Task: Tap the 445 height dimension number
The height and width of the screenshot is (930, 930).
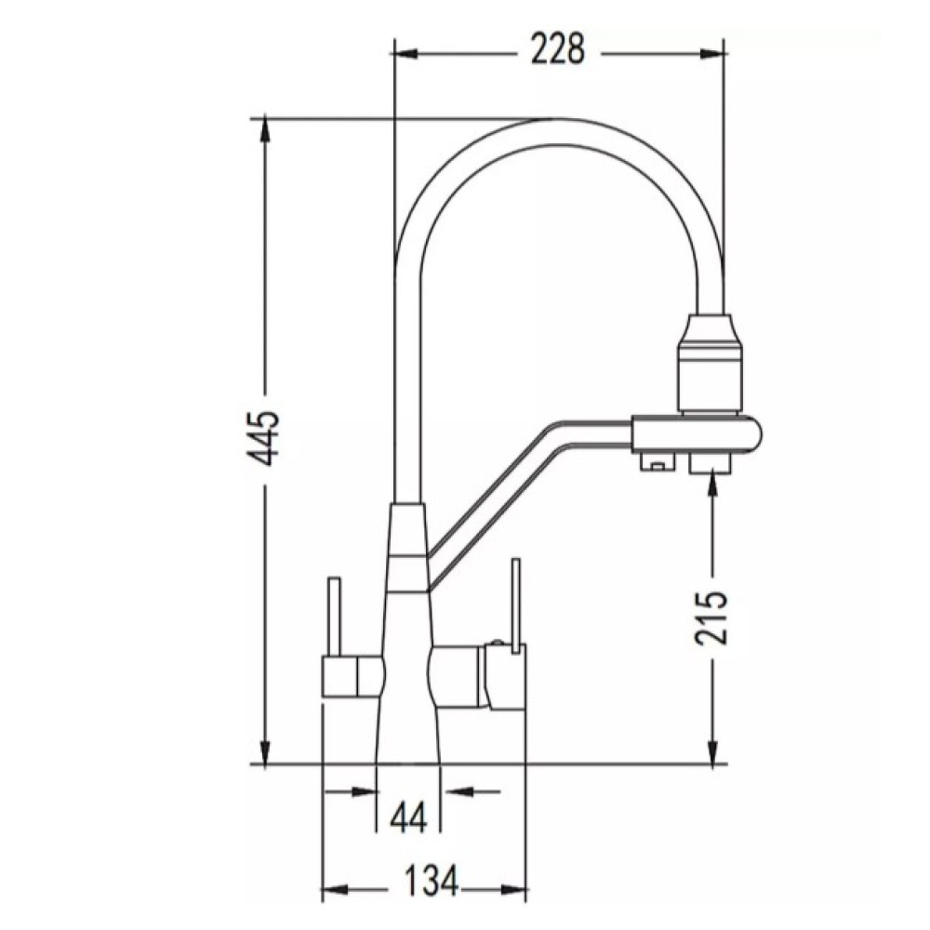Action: (263, 438)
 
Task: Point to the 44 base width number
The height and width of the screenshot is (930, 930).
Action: (408, 818)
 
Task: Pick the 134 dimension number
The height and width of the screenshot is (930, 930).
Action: (432, 881)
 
